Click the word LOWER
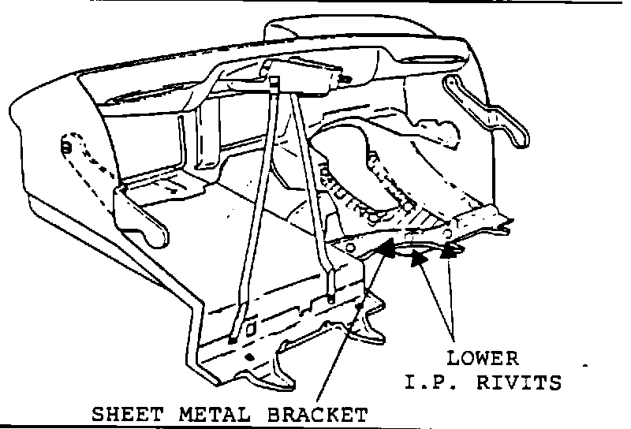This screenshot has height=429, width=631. [483, 359]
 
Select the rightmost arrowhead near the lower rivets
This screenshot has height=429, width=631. [450, 252]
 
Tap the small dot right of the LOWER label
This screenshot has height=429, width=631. [585, 367]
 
